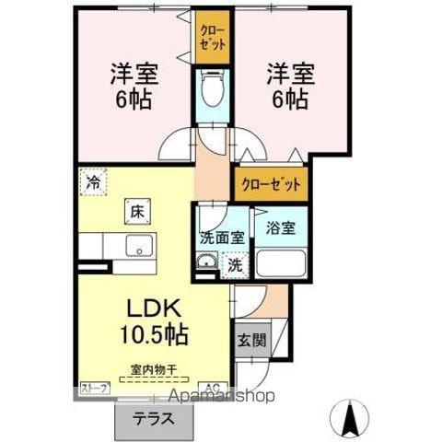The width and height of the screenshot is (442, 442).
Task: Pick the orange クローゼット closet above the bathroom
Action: click(272, 183)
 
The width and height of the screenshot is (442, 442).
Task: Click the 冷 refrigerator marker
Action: click(93, 181)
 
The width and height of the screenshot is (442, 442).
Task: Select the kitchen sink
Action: click(140, 246)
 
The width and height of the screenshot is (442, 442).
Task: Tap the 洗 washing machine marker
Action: click(236, 265)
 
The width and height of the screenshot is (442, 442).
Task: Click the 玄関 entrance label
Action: click(250, 339)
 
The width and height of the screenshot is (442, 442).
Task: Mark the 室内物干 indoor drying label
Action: click(151, 368)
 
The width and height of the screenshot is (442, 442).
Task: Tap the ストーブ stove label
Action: click(94, 389)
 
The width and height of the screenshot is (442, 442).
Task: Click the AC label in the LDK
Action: click(211, 389)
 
